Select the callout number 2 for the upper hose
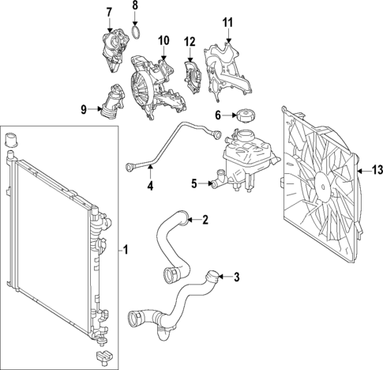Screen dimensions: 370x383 [x=205, y=220]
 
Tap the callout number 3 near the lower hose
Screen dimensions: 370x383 [x=235, y=277]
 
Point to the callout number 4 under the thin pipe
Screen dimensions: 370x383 [x=151, y=187]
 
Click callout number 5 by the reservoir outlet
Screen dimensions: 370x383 [x=193, y=184]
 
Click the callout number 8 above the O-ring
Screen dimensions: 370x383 [x=134, y=6]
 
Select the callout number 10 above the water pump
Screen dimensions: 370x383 [x=164, y=40]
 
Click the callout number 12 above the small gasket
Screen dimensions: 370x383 [x=190, y=41]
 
